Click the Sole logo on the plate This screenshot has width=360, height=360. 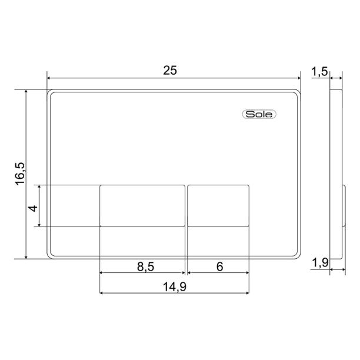(x=259, y=114)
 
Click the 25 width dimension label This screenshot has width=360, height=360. (x=170, y=70)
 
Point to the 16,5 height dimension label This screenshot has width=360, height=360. (x=20, y=174)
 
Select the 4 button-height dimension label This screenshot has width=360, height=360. (x=33, y=208)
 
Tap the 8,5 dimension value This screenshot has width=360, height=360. (x=146, y=266)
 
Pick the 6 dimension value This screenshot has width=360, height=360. (x=220, y=266)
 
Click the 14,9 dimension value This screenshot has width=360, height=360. (x=175, y=286)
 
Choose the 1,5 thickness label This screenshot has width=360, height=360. (x=319, y=71)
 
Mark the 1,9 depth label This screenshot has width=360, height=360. (x=320, y=262)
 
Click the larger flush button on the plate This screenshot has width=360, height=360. (x=142, y=206)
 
